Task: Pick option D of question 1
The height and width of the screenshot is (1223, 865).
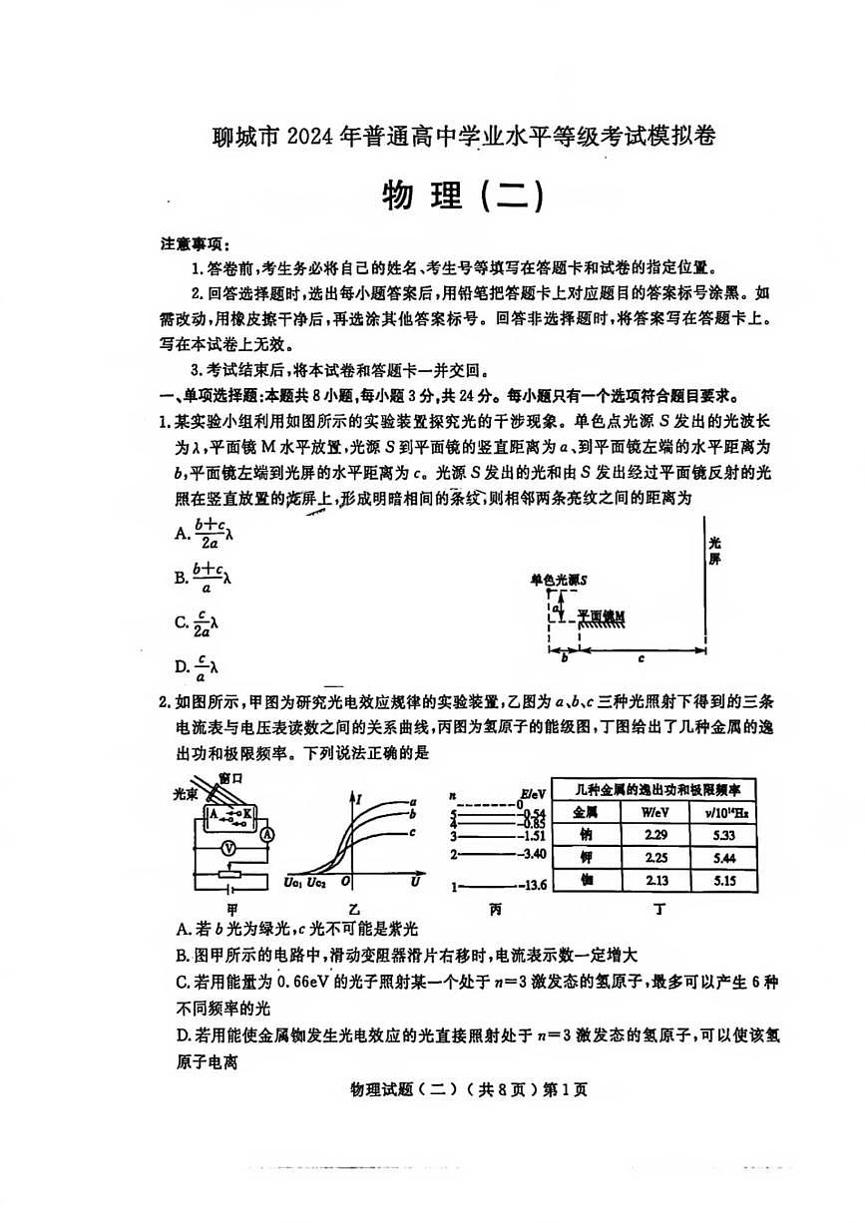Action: (197, 665)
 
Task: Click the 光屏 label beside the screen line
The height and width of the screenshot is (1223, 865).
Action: (714, 551)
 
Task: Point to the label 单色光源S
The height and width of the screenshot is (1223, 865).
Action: (559, 580)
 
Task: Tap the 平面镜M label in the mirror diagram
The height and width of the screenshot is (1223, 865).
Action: (603, 615)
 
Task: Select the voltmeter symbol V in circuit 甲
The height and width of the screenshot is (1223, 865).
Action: (227, 846)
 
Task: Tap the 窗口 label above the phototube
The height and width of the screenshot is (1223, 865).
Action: (230, 778)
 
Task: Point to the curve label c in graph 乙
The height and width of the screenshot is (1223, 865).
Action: (412, 831)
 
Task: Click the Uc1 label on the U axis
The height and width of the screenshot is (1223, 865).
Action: (293, 881)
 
